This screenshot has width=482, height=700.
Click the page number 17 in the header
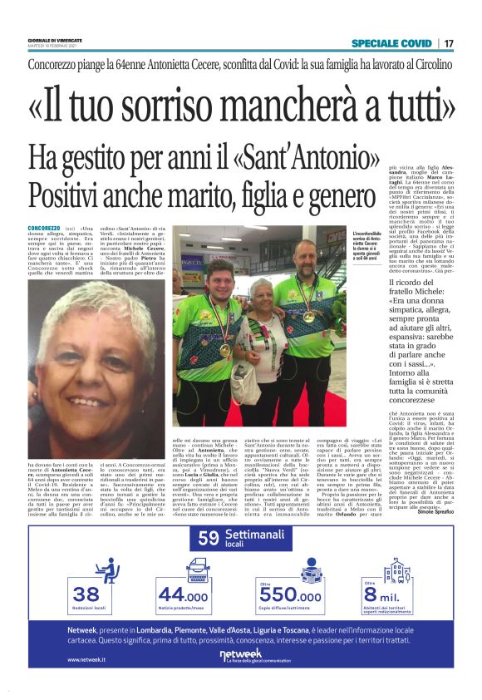point(448,43)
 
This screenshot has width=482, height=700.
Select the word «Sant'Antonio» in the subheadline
point(315,156)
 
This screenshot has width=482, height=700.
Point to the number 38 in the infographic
point(86,594)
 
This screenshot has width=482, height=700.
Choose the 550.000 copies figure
point(290,596)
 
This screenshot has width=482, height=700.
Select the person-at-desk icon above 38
point(106,570)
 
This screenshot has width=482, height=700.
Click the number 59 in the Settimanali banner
point(208,539)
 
